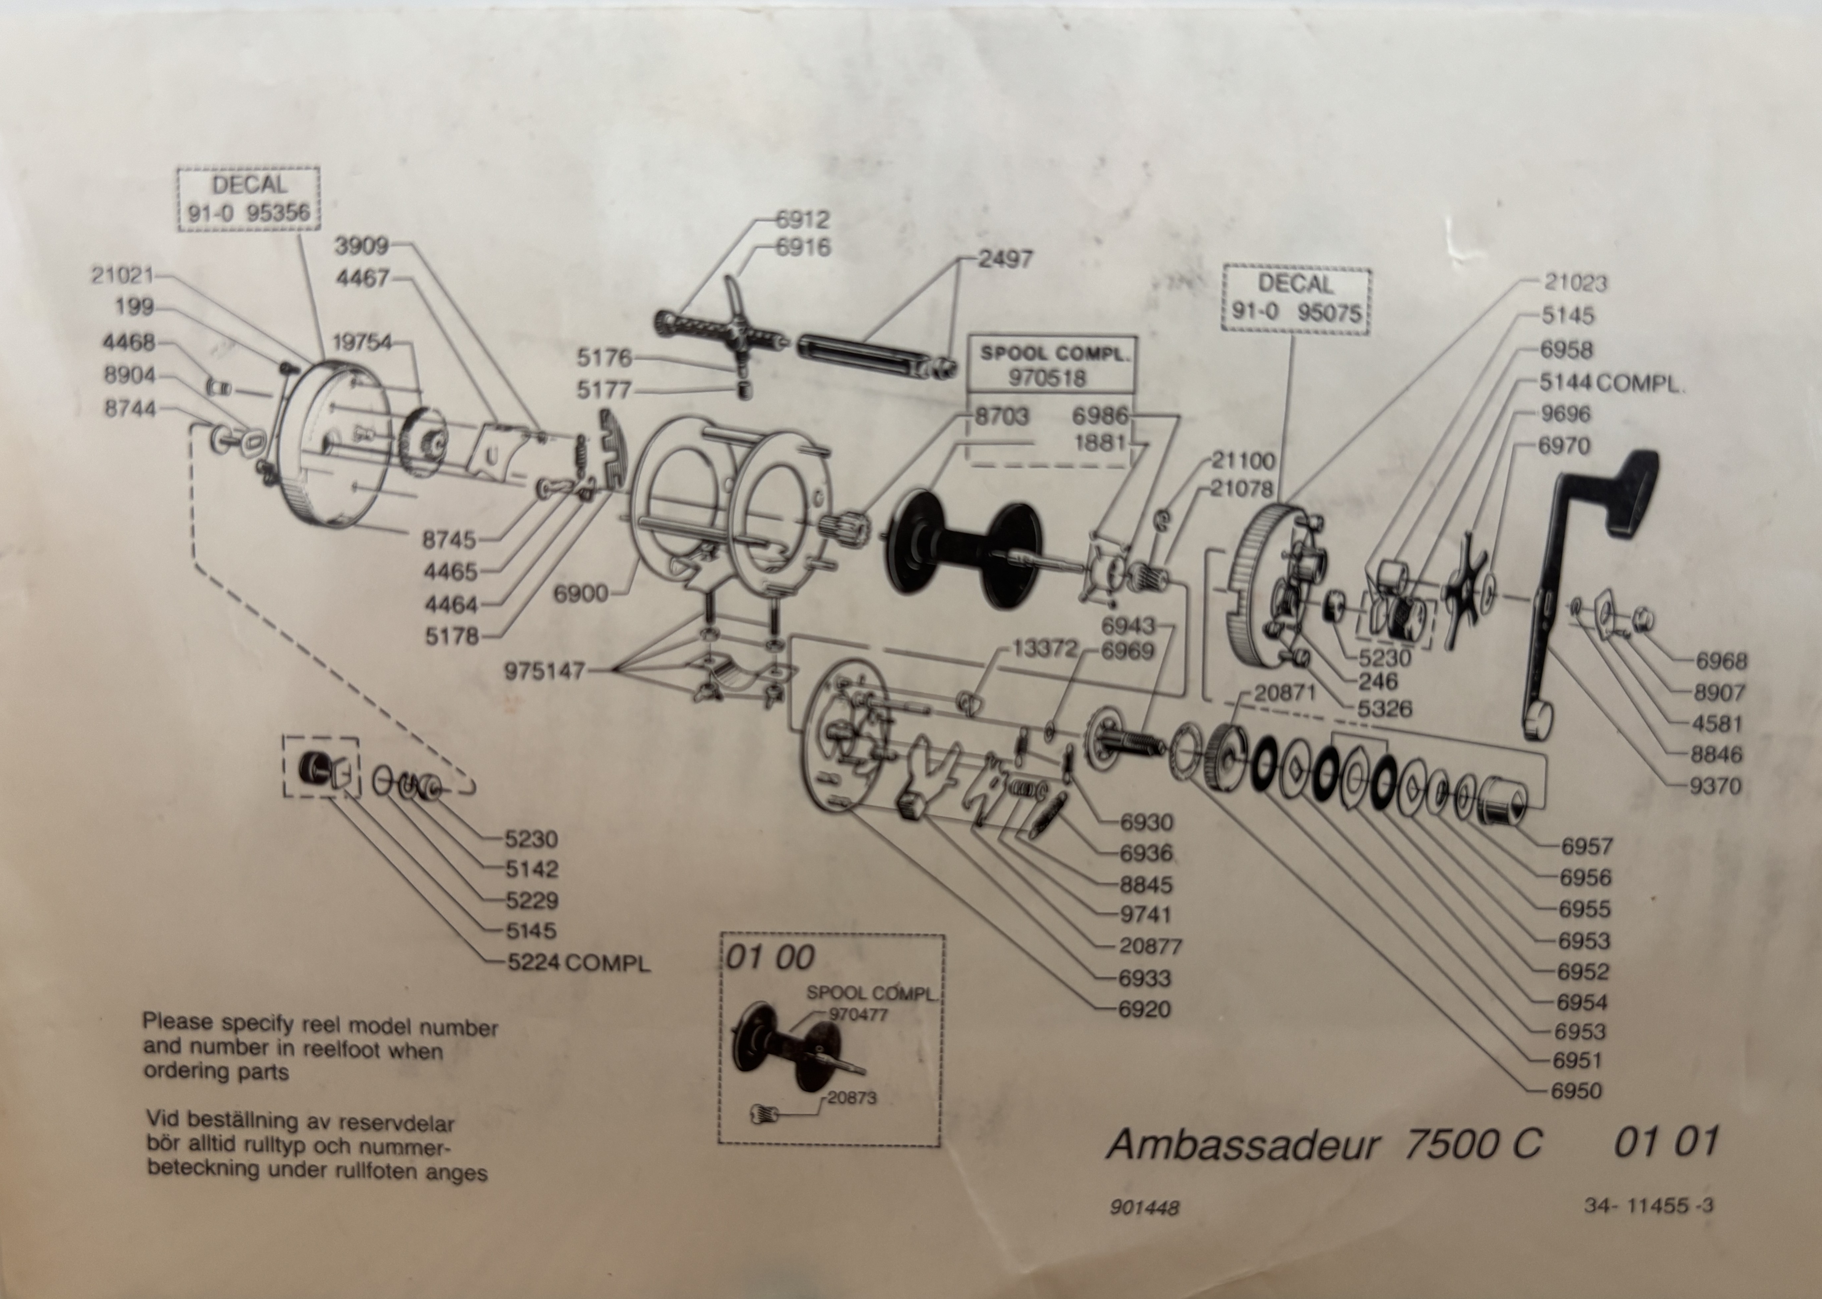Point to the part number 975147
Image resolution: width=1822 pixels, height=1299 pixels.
click(544, 671)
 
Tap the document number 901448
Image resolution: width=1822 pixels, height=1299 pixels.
click(1144, 1207)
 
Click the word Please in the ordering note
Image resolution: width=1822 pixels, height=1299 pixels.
click(177, 1022)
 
